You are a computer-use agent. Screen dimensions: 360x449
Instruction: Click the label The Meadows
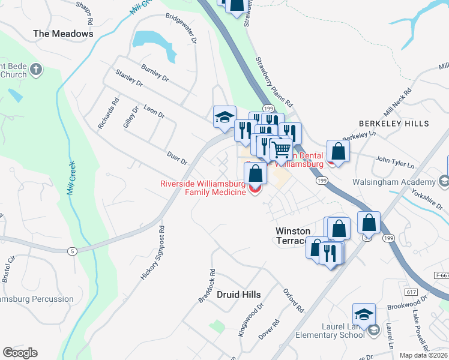coord(64,34)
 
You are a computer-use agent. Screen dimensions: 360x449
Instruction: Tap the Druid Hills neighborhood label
coord(239,295)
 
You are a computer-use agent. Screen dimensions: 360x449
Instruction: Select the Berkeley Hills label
coord(394,123)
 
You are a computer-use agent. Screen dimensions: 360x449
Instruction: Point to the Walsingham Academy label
coord(401,182)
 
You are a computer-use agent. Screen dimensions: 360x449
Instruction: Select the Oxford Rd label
coord(294,301)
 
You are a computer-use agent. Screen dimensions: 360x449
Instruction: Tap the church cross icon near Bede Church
coord(35,70)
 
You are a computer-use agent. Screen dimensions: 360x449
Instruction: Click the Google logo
coord(20,353)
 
